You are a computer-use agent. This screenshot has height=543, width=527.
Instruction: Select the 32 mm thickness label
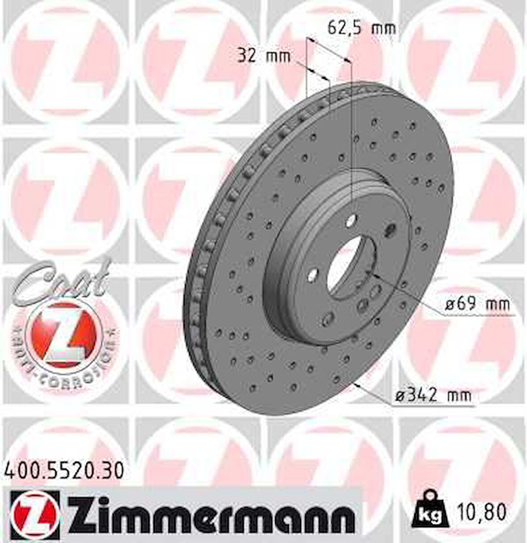tap(263, 57)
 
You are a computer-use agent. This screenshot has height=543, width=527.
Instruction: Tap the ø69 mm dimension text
tap(477, 305)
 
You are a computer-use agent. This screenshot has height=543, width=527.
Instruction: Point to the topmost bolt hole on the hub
tap(351, 218)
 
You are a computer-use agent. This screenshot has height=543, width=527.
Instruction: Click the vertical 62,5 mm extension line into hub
tap(351, 134)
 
